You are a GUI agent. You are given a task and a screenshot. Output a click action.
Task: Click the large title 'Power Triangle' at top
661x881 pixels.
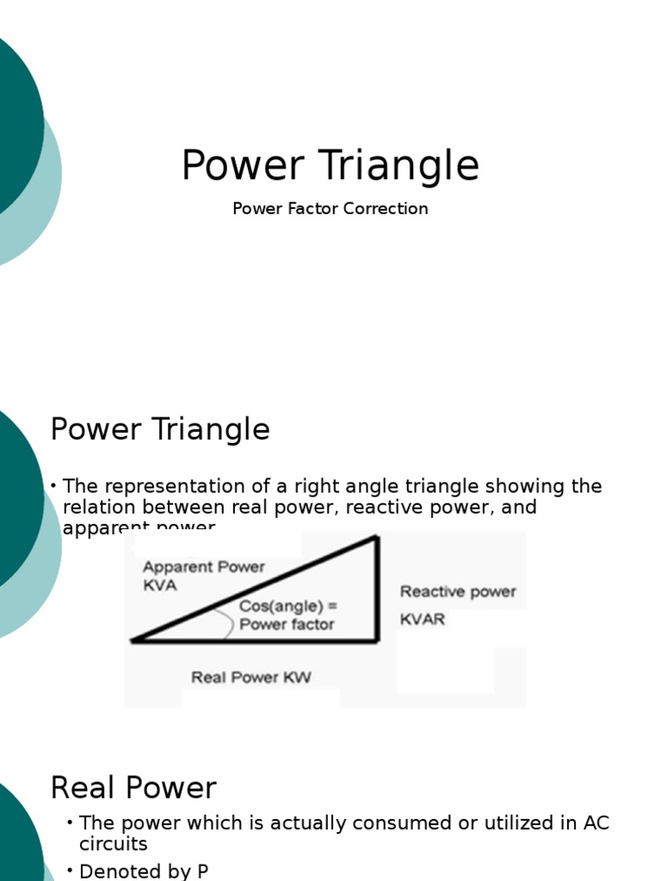tap(330, 166)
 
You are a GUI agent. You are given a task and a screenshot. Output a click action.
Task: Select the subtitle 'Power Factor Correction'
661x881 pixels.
tap(330, 208)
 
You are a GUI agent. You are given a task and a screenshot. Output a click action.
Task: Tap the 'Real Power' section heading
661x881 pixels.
tap(133, 787)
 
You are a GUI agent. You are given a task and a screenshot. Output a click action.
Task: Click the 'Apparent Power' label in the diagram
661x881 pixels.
tap(204, 567)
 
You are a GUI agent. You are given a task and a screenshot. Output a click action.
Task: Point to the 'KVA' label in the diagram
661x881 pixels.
tap(159, 586)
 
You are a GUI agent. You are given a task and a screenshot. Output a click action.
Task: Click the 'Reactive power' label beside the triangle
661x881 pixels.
tap(458, 592)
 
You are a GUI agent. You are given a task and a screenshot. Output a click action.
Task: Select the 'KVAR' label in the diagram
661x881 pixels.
tap(423, 619)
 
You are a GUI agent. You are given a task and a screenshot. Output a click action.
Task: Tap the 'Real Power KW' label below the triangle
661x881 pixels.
tap(251, 678)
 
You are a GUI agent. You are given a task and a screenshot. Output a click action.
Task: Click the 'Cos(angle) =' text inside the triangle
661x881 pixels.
tap(287, 607)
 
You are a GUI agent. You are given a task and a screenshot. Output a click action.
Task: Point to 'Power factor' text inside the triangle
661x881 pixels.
tap(287, 625)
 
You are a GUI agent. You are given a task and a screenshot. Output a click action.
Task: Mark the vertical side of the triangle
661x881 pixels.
tap(377, 589)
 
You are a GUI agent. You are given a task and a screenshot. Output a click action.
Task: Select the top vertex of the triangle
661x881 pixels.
tap(376, 538)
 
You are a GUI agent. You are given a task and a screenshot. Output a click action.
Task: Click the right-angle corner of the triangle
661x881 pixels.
tap(376, 640)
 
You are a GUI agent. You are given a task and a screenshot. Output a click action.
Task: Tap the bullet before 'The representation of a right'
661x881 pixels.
tap(54, 486)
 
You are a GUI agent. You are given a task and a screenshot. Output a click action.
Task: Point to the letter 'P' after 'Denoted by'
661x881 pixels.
tap(202, 871)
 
